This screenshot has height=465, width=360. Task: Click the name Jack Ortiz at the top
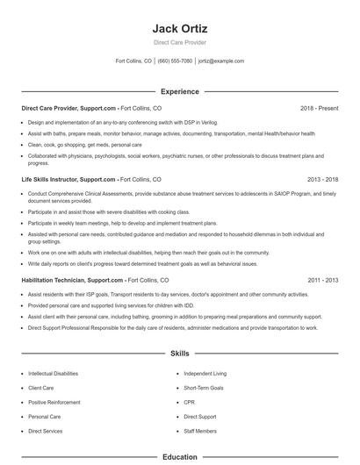[180, 29]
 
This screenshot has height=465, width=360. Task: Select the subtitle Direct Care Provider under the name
[180, 42]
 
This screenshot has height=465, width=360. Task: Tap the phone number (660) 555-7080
[175, 61]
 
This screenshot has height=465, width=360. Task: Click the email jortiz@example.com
[221, 61]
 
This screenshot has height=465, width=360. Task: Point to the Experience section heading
[180, 91]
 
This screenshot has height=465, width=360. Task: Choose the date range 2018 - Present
[319, 108]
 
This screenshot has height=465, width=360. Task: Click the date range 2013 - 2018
[322, 178]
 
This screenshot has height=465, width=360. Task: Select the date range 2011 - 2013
[322, 280]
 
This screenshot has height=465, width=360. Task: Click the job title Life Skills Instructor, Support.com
[68, 178]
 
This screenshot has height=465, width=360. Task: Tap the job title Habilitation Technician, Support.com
[72, 280]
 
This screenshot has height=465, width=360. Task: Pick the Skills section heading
[180, 354]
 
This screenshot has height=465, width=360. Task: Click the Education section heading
[180, 457]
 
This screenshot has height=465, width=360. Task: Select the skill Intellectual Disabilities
[53, 373]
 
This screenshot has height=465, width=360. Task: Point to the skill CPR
[190, 402]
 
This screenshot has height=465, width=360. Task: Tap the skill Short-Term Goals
[204, 387]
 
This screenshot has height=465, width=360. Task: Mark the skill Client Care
[41, 387]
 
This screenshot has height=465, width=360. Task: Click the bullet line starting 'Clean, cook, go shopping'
[84, 144]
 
